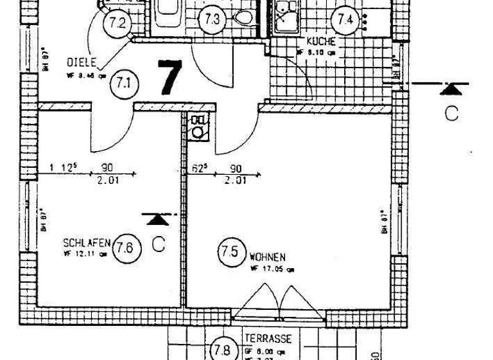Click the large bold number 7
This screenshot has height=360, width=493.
pos(169,78)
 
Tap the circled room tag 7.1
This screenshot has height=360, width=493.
pos(123,83)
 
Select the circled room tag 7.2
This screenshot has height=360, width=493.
pos(118,24)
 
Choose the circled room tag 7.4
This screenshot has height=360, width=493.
pos(345,19)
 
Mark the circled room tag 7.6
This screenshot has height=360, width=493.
pos(126,250)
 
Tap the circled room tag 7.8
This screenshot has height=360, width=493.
pos(222,351)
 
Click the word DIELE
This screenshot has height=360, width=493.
pos(81,62)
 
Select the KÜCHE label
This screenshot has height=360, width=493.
pos(321,42)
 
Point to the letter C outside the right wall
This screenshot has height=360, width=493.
pos(452,114)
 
